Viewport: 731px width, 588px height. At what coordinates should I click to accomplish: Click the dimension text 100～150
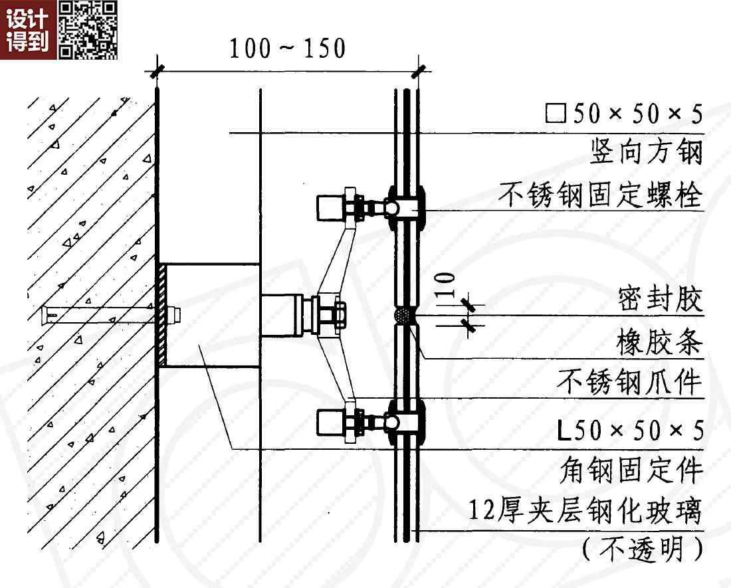pyautogui.click(x=288, y=49)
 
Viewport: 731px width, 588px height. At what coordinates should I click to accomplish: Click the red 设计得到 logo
pyautogui.click(x=28, y=30)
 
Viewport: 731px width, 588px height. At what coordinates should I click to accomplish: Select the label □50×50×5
pyautogui.click(x=623, y=114)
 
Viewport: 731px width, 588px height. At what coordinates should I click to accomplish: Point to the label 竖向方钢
pyautogui.click(x=646, y=153)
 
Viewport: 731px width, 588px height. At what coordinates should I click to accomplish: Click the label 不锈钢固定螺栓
pyautogui.click(x=600, y=195)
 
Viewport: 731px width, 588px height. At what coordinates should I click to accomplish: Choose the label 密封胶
pyautogui.click(x=659, y=301)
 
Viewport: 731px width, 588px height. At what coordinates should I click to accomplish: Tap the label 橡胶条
pyautogui.click(x=659, y=343)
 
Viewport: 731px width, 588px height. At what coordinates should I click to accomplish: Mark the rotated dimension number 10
pyautogui.click(x=447, y=284)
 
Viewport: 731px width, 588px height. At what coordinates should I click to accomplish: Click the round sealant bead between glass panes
pyautogui.click(x=404, y=315)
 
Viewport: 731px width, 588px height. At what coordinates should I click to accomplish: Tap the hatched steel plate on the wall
pyautogui.click(x=161, y=314)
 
